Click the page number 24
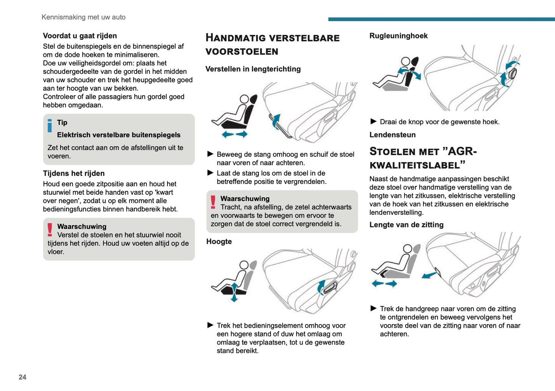22,377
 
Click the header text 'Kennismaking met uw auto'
83,17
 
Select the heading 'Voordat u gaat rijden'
80,36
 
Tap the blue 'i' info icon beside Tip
50,126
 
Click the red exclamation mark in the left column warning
50,230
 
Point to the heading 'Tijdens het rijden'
74,173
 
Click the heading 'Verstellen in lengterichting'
253,69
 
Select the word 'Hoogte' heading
219,242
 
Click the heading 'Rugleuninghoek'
398,36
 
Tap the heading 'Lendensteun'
392,135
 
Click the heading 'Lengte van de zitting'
406,225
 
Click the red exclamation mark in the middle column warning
213,202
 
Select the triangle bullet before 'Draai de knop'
373,121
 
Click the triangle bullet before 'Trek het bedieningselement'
210,325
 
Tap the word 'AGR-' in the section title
462,151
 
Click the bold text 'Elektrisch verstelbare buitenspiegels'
119,135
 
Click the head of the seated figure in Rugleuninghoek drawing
405,61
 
